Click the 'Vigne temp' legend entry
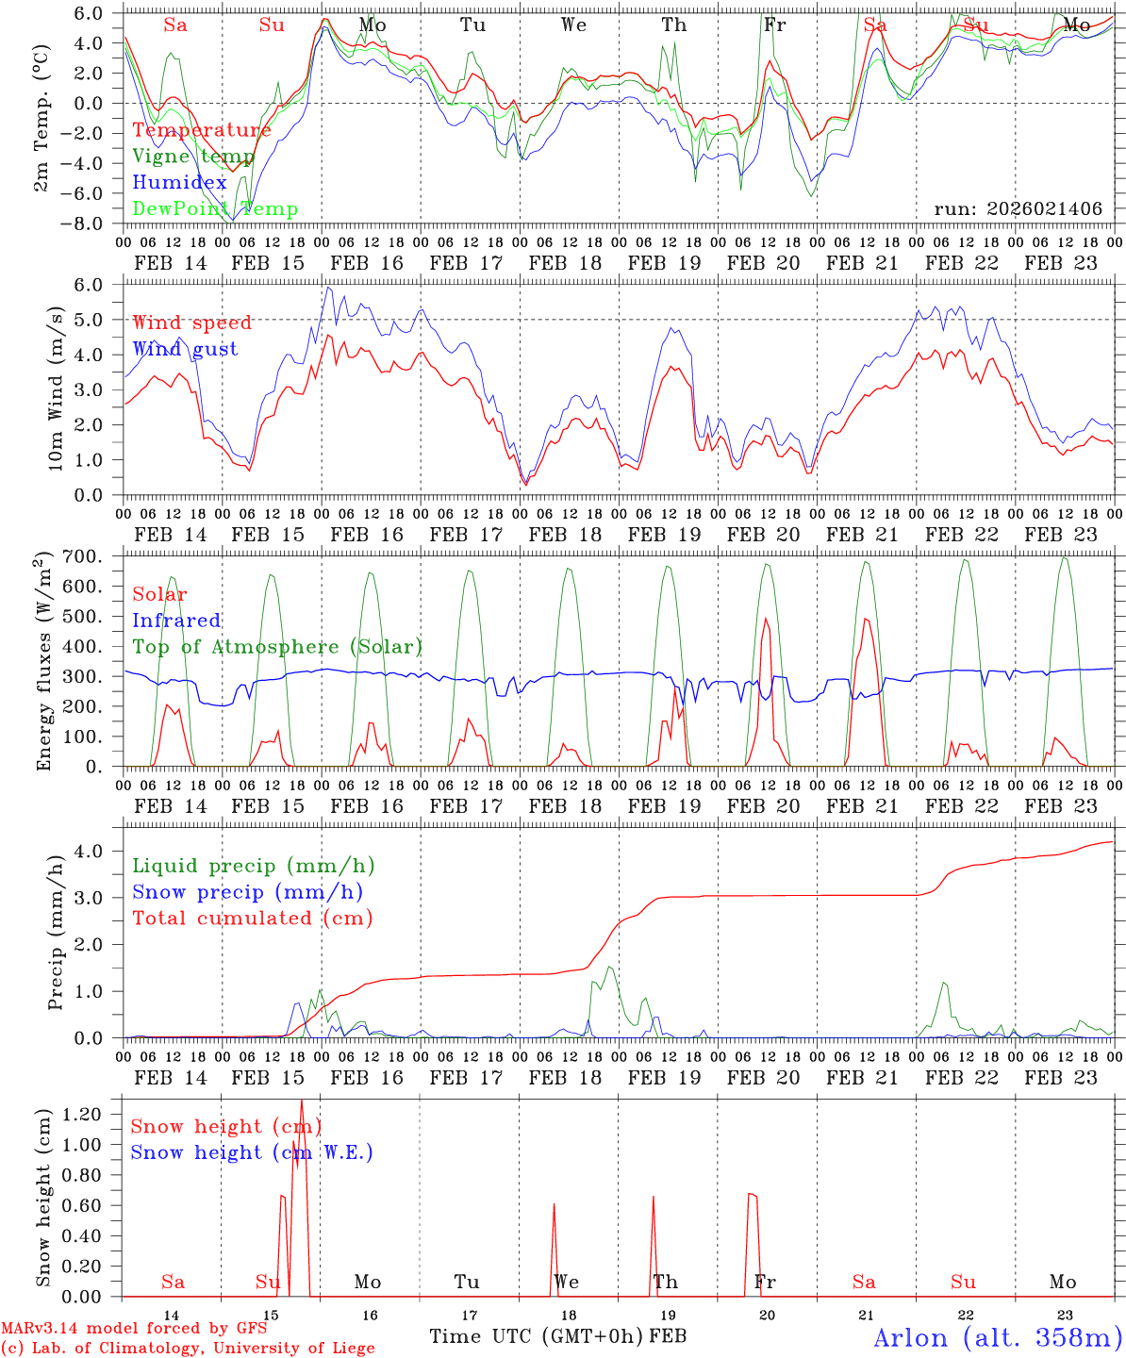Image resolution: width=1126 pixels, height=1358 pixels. tap(193, 157)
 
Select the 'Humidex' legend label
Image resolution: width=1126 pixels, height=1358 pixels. tap(179, 183)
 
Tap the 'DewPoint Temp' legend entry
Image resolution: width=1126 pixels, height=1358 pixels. tap(215, 209)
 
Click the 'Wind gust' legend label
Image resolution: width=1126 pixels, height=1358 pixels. tap(185, 349)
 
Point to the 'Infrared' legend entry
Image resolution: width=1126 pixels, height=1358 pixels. tap(176, 621)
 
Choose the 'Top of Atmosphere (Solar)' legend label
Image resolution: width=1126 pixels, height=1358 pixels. tap(277, 647)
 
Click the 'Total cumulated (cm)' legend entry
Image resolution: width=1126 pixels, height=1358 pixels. tap(253, 918)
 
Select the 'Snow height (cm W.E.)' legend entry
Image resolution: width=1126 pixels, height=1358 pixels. tap(252, 1152)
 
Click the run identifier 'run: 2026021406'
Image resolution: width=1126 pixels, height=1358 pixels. tap(1018, 209)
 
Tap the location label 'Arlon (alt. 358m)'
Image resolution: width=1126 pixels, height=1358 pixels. tap(997, 1337)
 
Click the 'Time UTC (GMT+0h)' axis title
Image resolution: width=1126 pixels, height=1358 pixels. tap(538, 1336)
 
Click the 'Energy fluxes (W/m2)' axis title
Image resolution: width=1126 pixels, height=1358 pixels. tap(44, 662)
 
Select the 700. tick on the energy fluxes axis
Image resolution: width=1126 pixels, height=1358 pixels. tap(97, 556)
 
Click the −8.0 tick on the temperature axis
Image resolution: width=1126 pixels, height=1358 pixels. tap(94, 224)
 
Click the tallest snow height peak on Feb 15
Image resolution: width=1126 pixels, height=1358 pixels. tap(302, 1101)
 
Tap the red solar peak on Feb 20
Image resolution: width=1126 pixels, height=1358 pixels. tap(766, 620)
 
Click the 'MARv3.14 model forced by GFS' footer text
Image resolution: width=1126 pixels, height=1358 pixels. tap(134, 1329)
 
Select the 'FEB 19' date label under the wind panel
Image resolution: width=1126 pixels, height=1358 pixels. tap(665, 535)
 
